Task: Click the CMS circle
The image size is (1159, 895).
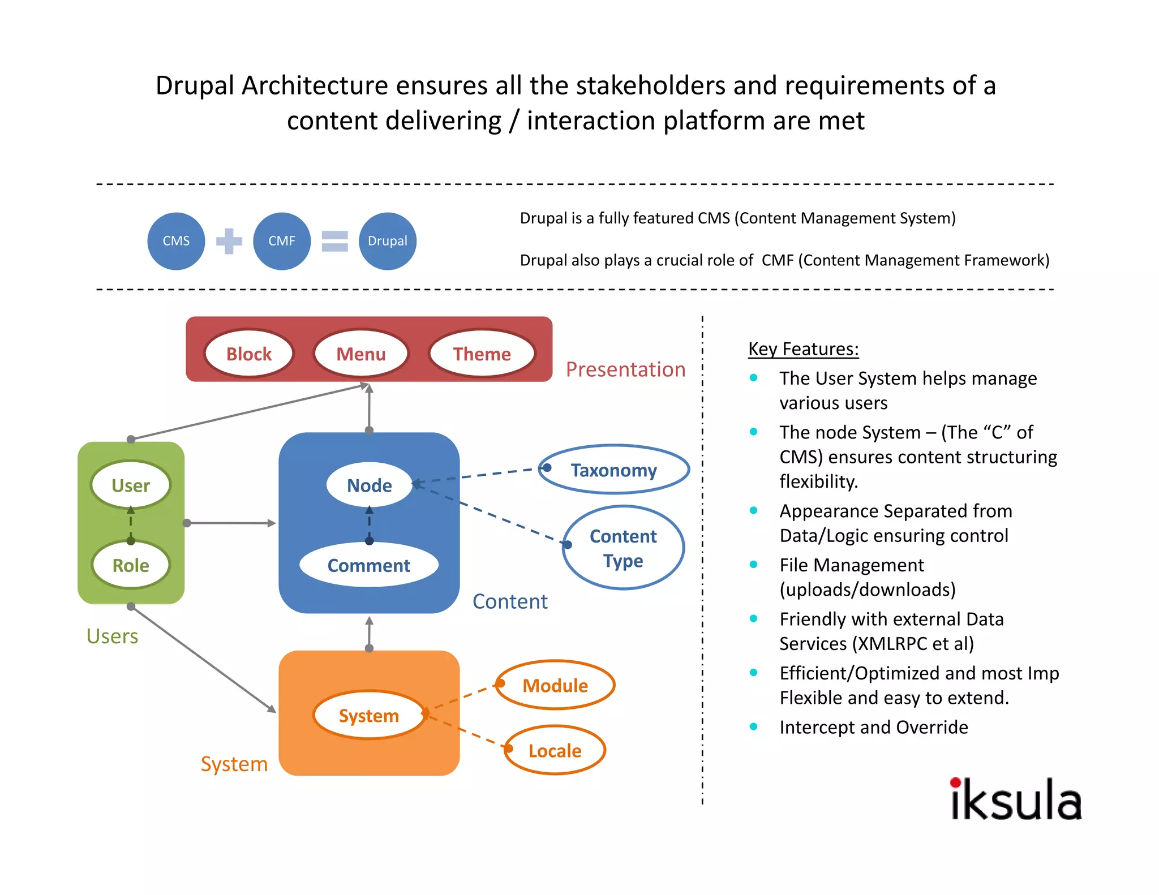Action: pyautogui.click(x=176, y=241)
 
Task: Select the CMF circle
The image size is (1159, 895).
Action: pyautogui.click(x=282, y=241)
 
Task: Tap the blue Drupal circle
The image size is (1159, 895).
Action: pyautogui.click(x=388, y=241)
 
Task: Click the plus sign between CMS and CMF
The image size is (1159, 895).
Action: pyautogui.click(x=229, y=242)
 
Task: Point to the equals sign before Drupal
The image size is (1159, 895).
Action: pyautogui.click(x=334, y=242)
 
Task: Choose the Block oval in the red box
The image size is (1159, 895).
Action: pyautogui.click(x=249, y=354)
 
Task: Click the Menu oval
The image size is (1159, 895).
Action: pyautogui.click(x=361, y=354)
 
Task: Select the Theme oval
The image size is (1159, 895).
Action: pyautogui.click(x=482, y=354)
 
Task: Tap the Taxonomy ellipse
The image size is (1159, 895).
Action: pyautogui.click(x=614, y=470)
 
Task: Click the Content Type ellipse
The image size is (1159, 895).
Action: pyautogui.click(x=623, y=548)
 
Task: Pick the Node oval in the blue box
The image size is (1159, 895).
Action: pyautogui.click(x=369, y=485)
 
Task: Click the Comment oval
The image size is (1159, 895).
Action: pyautogui.click(x=369, y=565)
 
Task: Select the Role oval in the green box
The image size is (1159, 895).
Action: pyautogui.click(x=131, y=565)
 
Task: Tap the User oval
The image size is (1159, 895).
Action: pyautogui.click(x=131, y=485)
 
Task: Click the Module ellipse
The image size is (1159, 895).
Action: pyautogui.click(x=555, y=685)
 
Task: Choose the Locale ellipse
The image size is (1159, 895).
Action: pyautogui.click(x=555, y=750)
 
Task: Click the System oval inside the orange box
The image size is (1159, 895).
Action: pyautogui.click(x=369, y=715)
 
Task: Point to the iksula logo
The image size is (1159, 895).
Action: pyautogui.click(x=1016, y=800)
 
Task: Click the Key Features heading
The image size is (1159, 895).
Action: pyautogui.click(x=803, y=349)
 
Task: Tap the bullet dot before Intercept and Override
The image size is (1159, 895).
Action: pyautogui.click(x=753, y=727)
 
